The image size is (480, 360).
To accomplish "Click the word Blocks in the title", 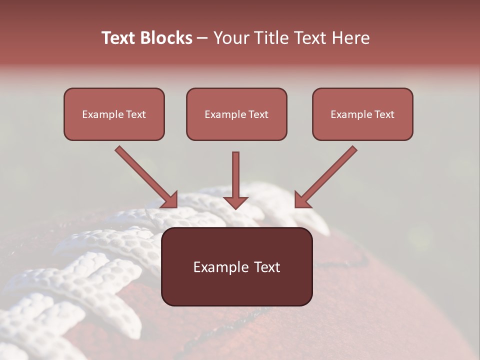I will pos(165,38).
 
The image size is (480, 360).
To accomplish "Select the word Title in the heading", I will pos(272,38).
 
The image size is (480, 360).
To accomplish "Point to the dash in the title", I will pos(202,38).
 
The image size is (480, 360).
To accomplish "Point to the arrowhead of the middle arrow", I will pos(235,202).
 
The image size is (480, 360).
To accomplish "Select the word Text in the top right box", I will pos(384,114).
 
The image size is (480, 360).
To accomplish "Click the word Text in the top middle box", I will pos(258,114).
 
